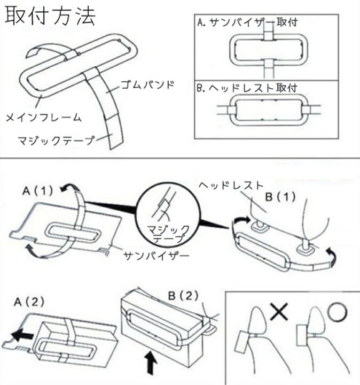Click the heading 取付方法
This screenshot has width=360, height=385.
coord(51,17)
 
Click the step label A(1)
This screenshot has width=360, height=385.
coord(38,190)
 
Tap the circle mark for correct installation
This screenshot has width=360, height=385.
coord(336,313)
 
